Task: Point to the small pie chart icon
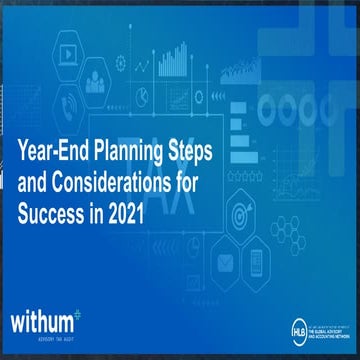point(143,97)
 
